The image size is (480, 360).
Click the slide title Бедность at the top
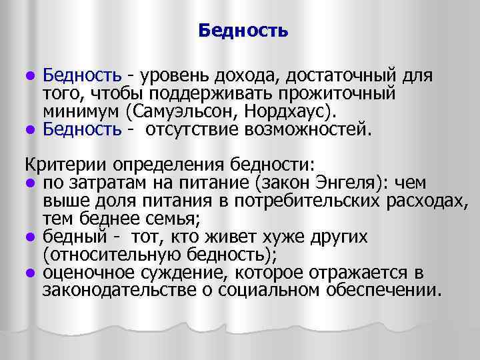[x=243, y=31]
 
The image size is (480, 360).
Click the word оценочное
[x=83, y=272]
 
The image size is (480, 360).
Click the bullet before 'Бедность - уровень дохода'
[x=30, y=73]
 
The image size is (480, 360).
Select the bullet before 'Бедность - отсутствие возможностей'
[x=30, y=128]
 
